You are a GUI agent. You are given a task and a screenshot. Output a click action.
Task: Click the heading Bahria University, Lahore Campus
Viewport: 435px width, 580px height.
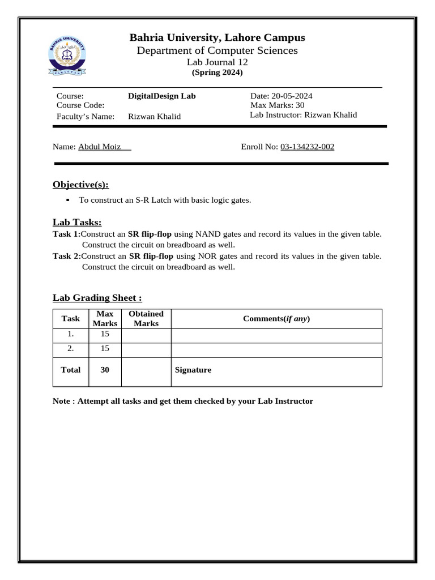pos(217,38)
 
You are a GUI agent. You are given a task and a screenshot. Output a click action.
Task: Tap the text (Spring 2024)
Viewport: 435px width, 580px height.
pos(217,72)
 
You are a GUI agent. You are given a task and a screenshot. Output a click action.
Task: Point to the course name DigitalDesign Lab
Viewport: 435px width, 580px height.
pos(161,96)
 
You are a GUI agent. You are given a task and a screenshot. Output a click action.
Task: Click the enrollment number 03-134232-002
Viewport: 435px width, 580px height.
pos(307,147)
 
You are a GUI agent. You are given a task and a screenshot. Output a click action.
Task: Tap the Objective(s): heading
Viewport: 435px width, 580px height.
pos(80,185)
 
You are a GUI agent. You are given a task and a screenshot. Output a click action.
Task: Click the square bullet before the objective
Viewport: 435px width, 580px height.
pos(67,199)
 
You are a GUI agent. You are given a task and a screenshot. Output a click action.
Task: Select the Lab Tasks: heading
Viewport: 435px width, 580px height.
pos(77,223)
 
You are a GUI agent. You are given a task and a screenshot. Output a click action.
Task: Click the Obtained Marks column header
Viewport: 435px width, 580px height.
pos(146,318)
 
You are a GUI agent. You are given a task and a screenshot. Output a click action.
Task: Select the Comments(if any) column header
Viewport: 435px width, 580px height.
pos(276,318)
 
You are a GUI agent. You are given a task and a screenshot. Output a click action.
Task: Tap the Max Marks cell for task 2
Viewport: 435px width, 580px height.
pos(105,349)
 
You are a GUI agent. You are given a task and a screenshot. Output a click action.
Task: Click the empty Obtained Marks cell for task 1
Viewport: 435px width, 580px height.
pos(146,335)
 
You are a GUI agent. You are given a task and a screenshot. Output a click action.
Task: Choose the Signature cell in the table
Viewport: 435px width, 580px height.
pos(276,370)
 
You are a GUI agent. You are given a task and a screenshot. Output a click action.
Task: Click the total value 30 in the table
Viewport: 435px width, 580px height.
pos(105,370)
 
